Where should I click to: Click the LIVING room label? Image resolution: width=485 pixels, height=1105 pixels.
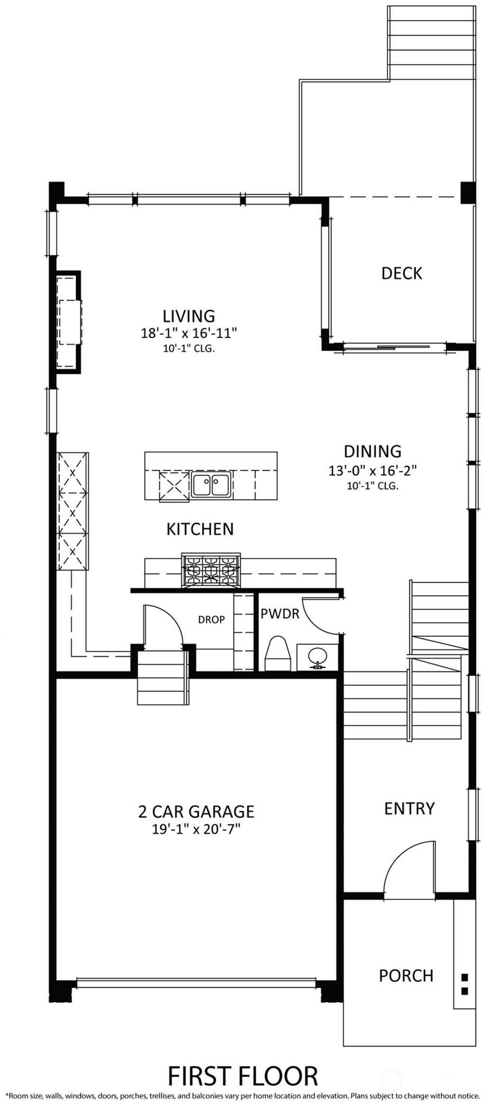189,316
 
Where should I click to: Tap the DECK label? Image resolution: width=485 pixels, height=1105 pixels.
402,273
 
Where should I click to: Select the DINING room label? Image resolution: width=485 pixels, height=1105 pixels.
372,451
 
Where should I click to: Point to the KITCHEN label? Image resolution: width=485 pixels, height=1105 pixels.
200,529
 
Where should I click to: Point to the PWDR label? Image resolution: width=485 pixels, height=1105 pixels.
280,614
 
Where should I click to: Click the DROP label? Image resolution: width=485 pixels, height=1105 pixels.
211,619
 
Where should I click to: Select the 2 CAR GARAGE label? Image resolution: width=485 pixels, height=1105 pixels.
196,812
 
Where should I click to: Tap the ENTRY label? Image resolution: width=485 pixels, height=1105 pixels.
409,808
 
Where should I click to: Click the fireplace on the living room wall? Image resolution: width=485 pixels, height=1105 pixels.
67,323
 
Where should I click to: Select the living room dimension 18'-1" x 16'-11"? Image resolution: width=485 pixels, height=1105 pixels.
189,333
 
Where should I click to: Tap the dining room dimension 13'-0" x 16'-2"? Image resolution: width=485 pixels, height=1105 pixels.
372,471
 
